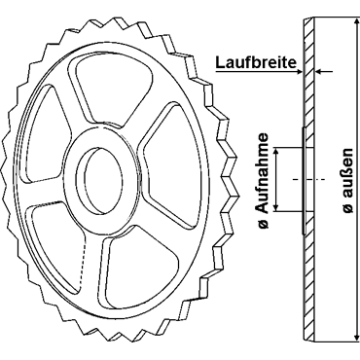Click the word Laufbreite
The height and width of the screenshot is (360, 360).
(256, 62)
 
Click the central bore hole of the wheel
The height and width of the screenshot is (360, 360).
(99, 180)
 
